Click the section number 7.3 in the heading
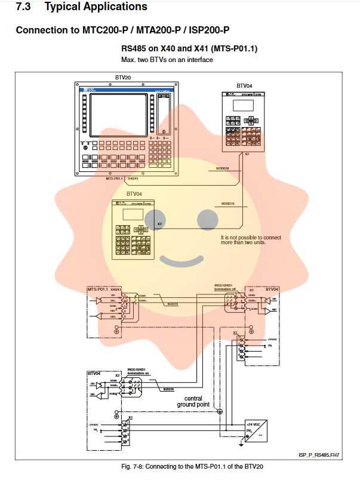click(26, 7)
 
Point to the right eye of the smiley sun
click(208, 220)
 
